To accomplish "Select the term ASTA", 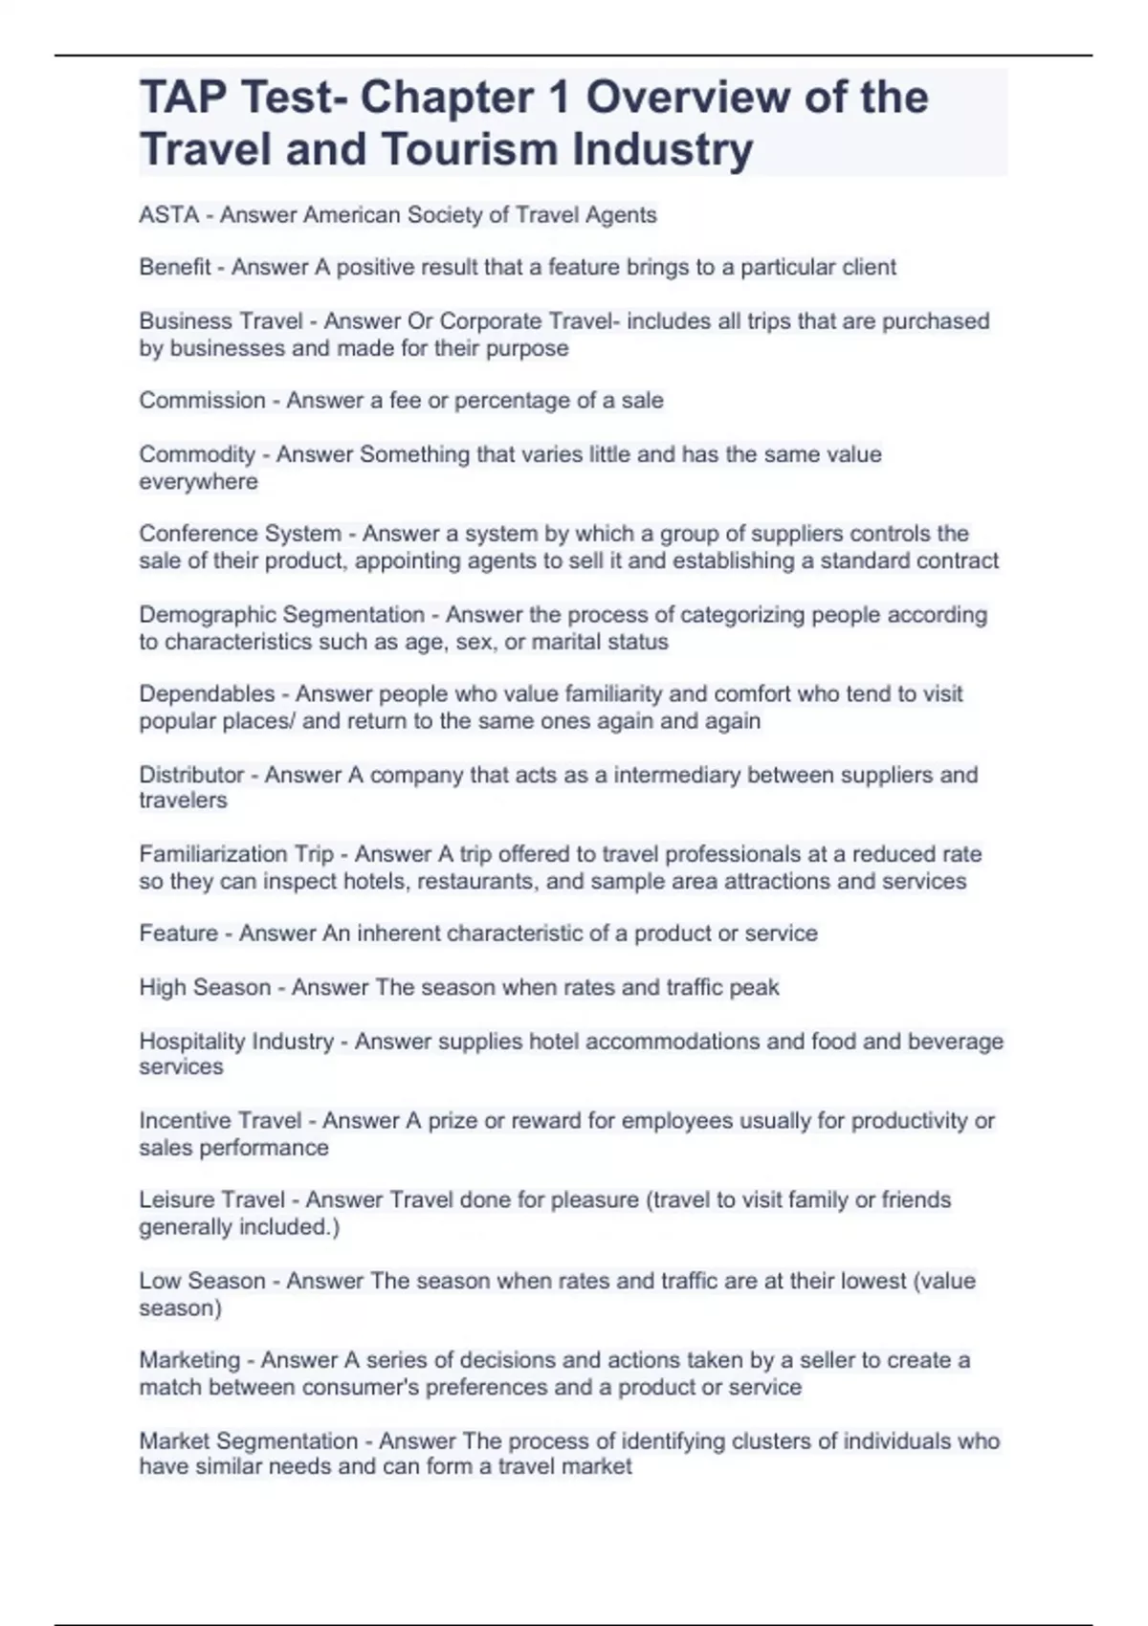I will click(x=168, y=214).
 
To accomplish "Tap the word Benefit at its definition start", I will click(x=174, y=267).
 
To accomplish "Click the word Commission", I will click(x=202, y=400).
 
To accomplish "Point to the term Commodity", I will click(x=197, y=454).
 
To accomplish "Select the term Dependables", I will click(x=207, y=693).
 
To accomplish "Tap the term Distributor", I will click(x=191, y=775).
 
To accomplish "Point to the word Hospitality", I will click(x=188, y=1041).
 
